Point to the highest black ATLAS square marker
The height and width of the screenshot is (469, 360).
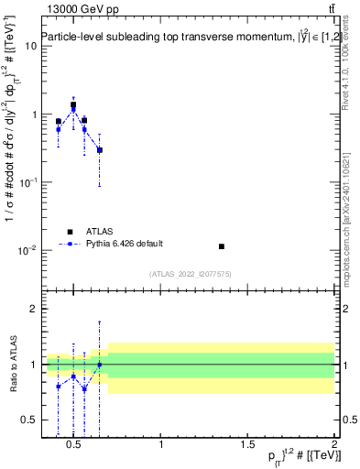tap(73, 104)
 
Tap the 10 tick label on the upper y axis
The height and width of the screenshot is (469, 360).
tap(29, 47)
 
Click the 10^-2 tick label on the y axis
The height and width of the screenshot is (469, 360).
tap(27, 250)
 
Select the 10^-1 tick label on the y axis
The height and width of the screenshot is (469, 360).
tap(27, 182)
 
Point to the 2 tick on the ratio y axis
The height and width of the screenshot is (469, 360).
tap(32, 310)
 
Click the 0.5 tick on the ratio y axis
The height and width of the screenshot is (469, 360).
tap(28, 420)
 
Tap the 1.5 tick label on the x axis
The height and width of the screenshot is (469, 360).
tap(248, 445)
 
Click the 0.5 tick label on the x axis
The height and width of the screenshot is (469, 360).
tap(76, 445)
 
